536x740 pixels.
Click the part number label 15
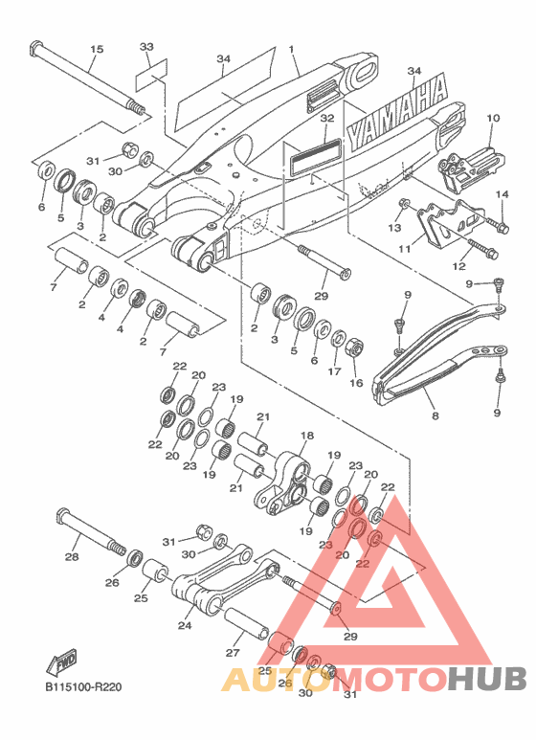pyautogui.click(x=97, y=49)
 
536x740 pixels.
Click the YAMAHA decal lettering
pyautogui.click(x=397, y=113)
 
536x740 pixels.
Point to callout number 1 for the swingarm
pyautogui.click(x=292, y=49)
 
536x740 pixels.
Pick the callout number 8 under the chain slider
pyautogui.click(x=435, y=415)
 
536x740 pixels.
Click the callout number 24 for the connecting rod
pyautogui.click(x=185, y=625)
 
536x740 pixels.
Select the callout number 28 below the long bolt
pyautogui.click(x=72, y=557)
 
